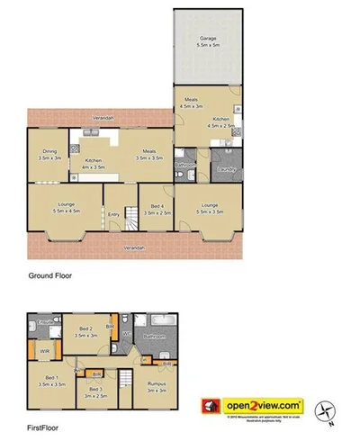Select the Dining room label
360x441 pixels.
tap(49, 154)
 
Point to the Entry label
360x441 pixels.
tap(114, 214)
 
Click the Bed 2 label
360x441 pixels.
tap(86, 331)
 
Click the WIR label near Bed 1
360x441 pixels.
tap(44, 350)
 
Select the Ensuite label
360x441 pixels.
tap(40, 321)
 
